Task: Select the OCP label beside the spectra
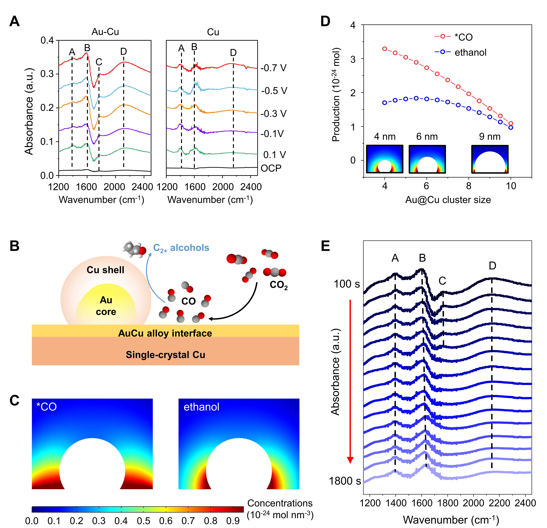pyautogui.click(x=271, y=168)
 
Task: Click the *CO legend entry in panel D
pyautogui.click(x=463, y=37)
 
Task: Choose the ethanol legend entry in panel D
pyautogui.click(x=470, y=53)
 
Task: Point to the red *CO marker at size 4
pyautogui.click(x=385, y=49)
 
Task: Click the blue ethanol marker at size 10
pyautogui.click(x=511, y=128)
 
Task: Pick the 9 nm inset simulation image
pyautogui.click(x=490, y=159)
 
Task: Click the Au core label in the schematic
pyautogui.click(x=106, y=306)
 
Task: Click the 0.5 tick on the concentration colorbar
pyautogui.click(x=143, y=521)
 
